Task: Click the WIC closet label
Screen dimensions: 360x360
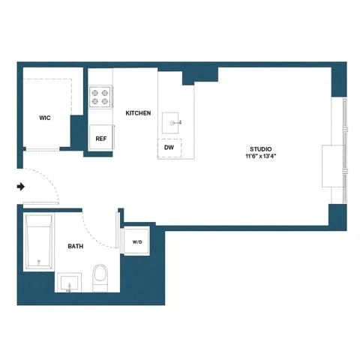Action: (44, 118)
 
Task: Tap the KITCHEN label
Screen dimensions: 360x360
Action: (138, 113)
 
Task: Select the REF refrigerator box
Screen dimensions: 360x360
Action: (100, 138)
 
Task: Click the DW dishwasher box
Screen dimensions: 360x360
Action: (170, 148)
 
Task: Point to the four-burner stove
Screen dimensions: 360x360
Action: (100, 97)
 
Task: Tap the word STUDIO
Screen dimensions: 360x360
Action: (261, 149)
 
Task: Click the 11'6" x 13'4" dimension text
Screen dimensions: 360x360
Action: (261, 157)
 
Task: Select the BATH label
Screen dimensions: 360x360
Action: (75, 246)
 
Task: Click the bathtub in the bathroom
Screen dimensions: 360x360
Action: (38, 241)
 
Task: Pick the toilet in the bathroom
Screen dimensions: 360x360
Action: (100, 278)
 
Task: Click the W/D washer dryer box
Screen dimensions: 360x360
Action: (137, 242)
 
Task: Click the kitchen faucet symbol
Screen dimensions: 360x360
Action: (179, 120)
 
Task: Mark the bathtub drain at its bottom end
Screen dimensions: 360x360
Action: (38, 262)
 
